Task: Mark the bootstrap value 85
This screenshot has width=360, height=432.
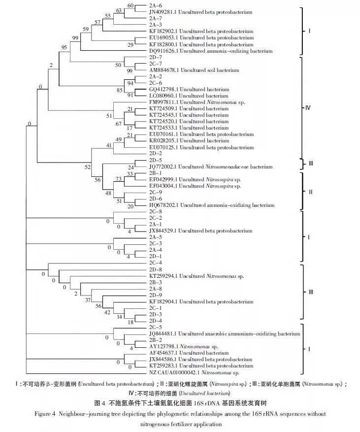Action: (120, 90)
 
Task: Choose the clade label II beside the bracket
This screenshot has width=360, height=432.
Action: (310, 192)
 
